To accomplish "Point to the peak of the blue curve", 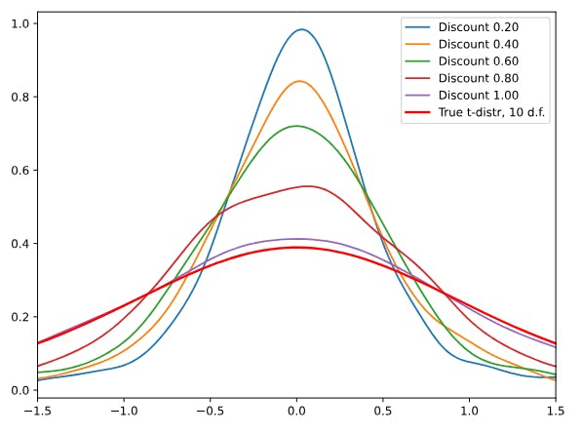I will click(x=301, y=29).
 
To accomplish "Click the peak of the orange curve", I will click(x=300, y=81).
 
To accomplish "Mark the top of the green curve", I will click(x=295, y=126).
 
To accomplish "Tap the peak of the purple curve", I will click(x=295, y=239).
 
